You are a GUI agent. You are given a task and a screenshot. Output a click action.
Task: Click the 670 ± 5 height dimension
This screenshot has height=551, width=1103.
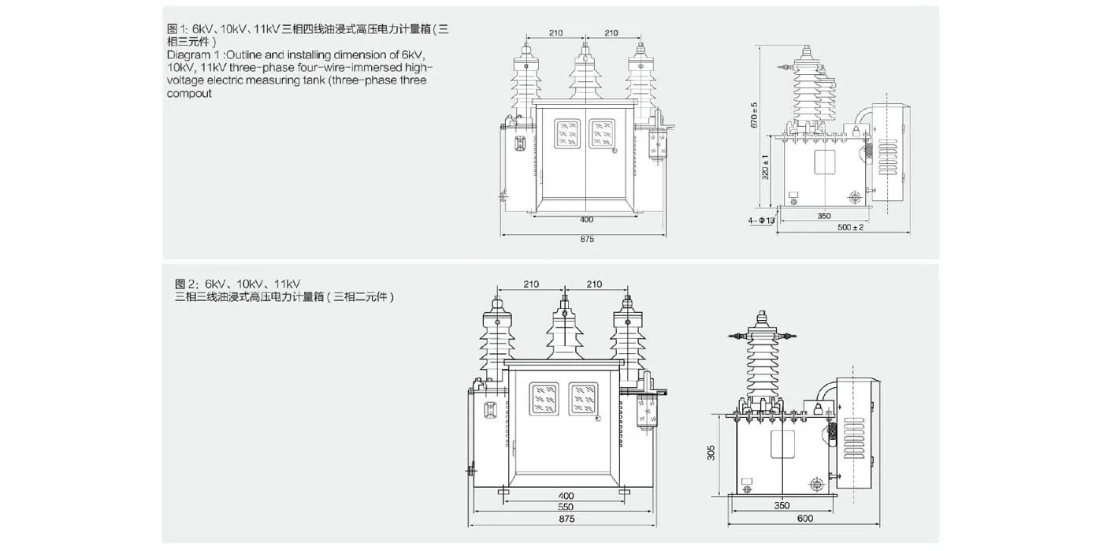[x=754, y=115]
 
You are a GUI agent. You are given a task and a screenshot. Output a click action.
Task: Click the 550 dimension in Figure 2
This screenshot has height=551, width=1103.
[x=566, y=507]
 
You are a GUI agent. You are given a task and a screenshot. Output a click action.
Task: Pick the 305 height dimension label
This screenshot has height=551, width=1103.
[x=711, y=452]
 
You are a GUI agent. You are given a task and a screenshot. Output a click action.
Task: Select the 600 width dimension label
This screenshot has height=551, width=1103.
[x=804, y=518]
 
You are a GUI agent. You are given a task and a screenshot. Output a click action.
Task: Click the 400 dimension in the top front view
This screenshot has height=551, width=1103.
[x=586, y=218]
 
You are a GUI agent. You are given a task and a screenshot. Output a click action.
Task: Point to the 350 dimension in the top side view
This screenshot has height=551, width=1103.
[x=824, y=215]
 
